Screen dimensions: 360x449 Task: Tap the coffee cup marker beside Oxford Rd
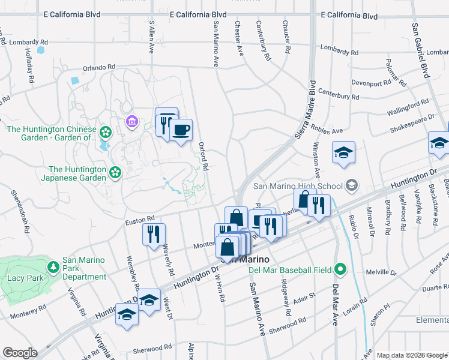[181, 130]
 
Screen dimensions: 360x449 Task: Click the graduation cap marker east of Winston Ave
[343, 152]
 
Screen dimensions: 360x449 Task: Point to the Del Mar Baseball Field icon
[340, 269]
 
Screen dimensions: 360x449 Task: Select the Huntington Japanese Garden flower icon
[115, 173]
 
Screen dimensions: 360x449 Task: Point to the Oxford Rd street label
[203, 155]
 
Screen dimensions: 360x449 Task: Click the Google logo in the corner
[19, 353]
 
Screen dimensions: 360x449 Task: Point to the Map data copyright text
[411, 355]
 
